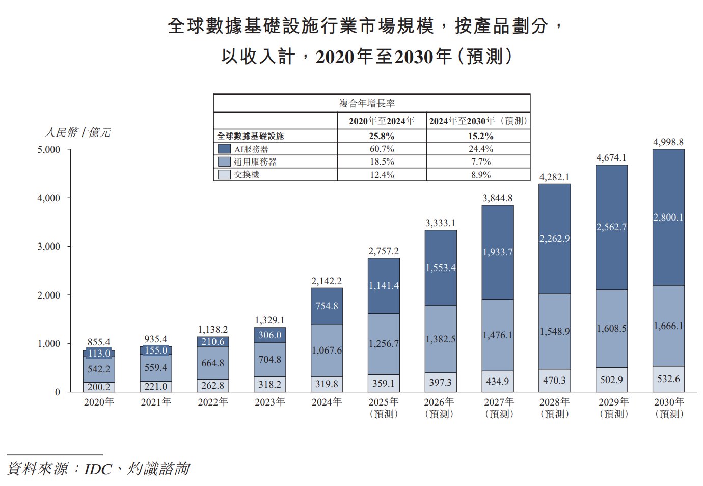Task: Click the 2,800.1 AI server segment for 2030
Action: click(x=668, y=218)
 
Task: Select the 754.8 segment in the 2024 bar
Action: click(x=327, y=306)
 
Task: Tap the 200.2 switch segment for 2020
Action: click(x=99, y=387)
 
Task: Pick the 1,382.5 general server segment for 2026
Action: click(x=441, y=339)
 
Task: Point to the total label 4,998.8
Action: click(x=668, y=142)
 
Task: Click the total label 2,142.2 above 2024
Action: click(x=327, y=281)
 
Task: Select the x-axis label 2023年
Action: click(x=269, y=402)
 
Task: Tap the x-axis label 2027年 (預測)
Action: click(x=498, y=408)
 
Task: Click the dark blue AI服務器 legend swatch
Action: click(x=224, y=149)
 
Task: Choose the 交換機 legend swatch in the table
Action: click(x=224, y=174)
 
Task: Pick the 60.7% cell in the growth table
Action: click(x=382, y=149)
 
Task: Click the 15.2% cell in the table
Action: click(x=480, y=136)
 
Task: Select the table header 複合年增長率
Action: click(x=367, y=103)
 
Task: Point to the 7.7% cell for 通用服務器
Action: click(x=480, y=161)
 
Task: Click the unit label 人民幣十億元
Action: click(x=77, y=132)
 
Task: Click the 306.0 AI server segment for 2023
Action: click(x=269, y=335)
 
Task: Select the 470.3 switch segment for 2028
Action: click(x=554, y=381)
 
